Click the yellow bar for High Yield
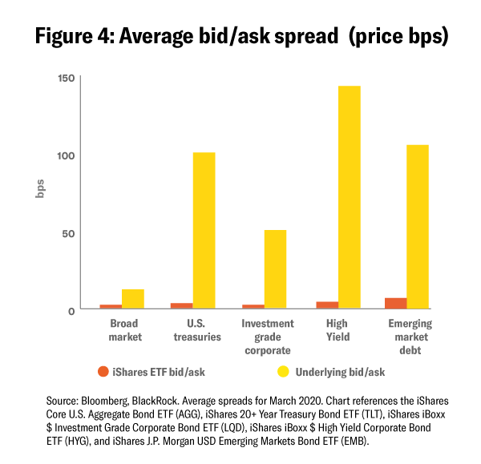tap(349, 197)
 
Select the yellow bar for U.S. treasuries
tap(204, 231)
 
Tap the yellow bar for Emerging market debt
tap(418, 227)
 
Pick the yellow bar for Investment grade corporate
tap(275, 269)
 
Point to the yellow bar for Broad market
tap(132, 299)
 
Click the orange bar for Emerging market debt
tap(396, 303)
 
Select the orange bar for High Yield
tap(327, 305)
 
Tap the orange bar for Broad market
tap(111, 306)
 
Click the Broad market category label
tap(125, 330)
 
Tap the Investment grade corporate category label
tap(265, 337)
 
